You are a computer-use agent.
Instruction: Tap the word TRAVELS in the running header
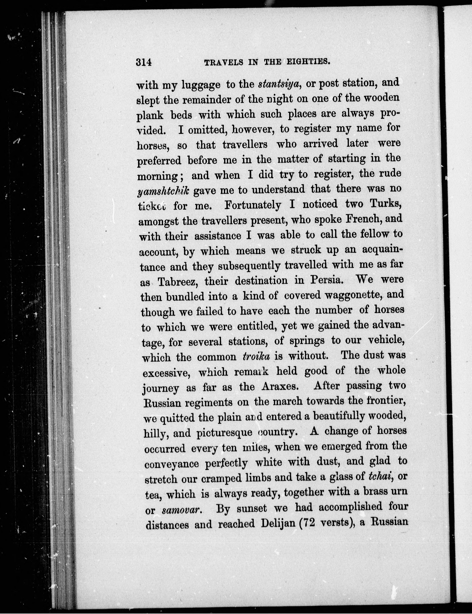[223, 62]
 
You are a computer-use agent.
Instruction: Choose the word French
[363, 219]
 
